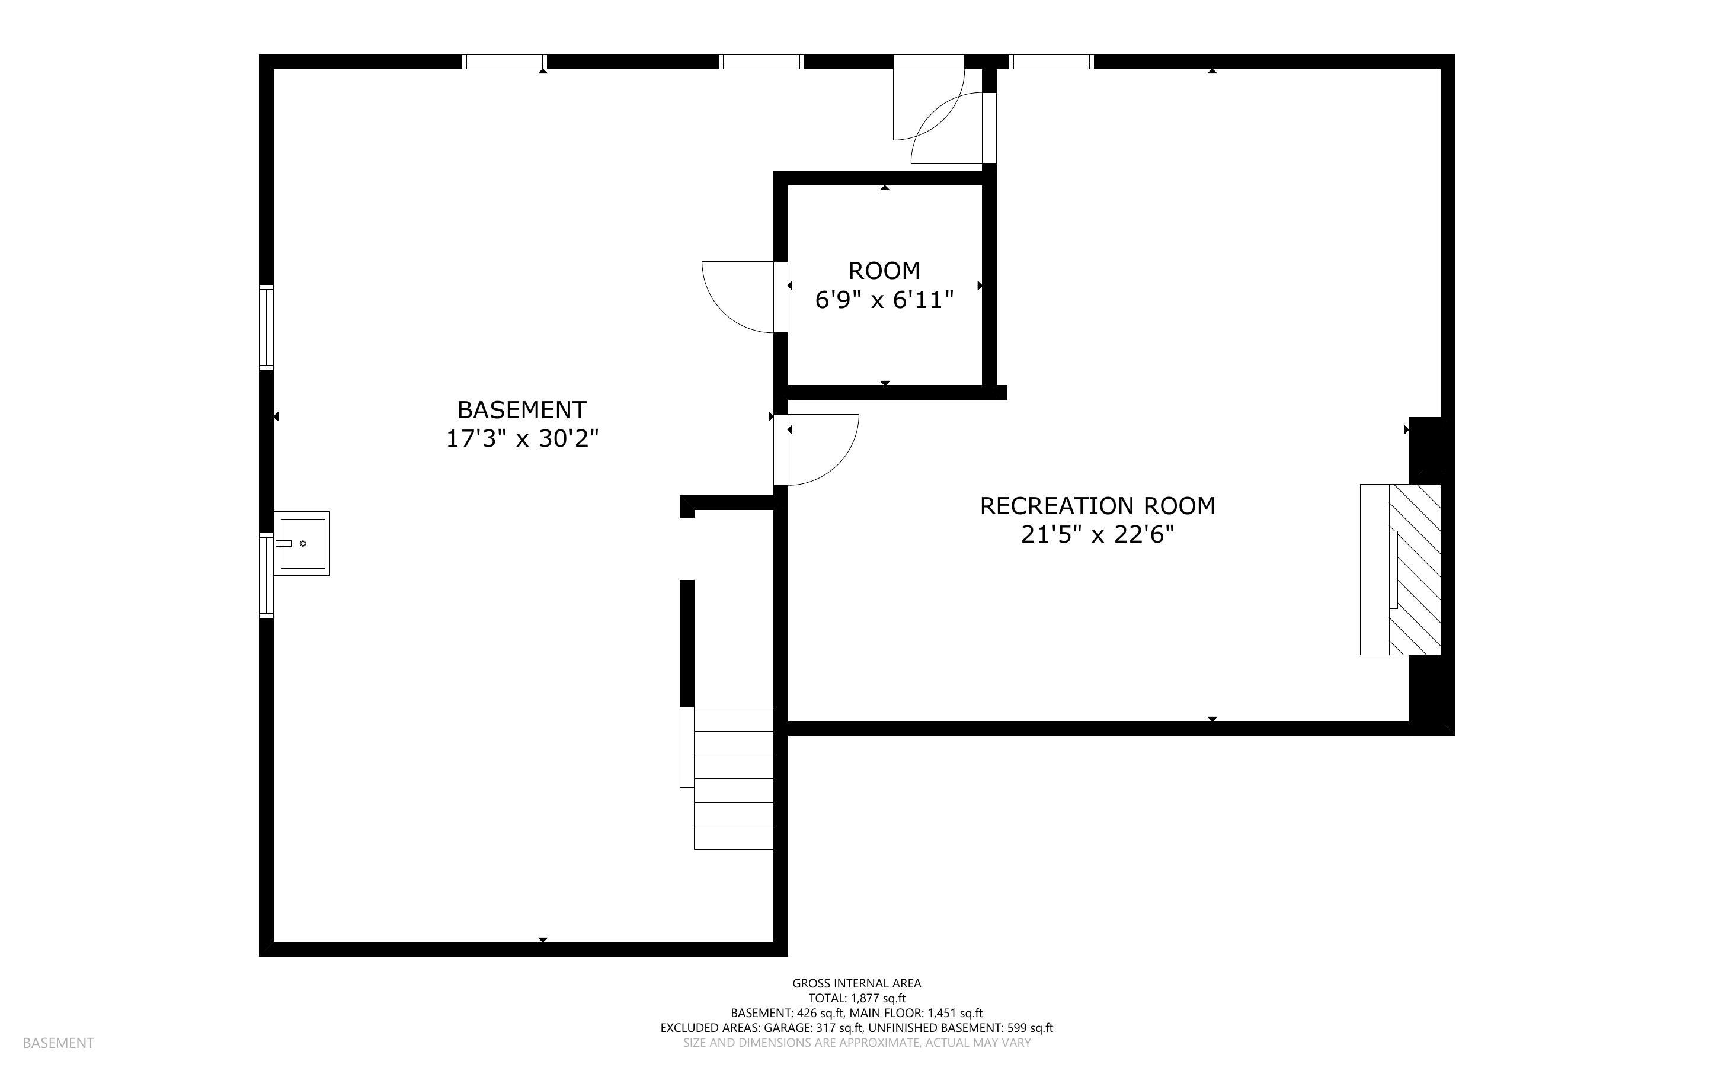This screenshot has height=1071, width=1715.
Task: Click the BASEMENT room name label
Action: point(521,409)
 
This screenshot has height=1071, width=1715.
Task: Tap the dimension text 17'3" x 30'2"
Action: point(521,439)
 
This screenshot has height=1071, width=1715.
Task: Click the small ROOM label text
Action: point(884,271)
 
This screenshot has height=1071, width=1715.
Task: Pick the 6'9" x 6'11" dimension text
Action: point(884,300)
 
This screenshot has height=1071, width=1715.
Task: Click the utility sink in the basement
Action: point(302,543)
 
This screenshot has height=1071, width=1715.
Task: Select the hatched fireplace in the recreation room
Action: point(1414,569)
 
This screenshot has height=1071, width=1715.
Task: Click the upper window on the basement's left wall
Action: point(266,327)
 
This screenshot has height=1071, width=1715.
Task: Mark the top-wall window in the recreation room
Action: point(1051,62)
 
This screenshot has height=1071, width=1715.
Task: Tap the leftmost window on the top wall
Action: point(504,62)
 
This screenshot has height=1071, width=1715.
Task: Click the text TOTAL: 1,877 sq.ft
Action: point(856,998)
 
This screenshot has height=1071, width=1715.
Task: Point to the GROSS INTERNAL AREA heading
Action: point(856,983)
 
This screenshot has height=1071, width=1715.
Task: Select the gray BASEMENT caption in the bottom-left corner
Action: point(58,1043)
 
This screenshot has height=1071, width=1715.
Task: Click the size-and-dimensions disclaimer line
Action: point(856,1043)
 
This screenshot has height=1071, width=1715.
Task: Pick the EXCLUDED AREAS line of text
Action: point(856,1028)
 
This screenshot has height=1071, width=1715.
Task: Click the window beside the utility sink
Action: point(266,576)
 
